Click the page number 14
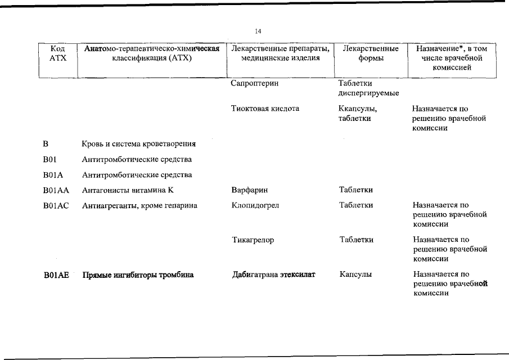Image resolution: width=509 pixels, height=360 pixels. click(x=258, y=31)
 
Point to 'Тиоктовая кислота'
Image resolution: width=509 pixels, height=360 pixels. click(x=265, y=109)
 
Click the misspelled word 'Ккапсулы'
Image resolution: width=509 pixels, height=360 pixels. click(x=357, y=109)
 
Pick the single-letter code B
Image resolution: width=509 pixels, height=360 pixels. click(x=46, y=144)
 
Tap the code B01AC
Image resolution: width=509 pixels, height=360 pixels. click(x=55, y=206)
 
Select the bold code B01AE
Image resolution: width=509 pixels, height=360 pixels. click(x=56, y=275)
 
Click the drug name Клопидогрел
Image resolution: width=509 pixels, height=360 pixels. click(x=255, y=206)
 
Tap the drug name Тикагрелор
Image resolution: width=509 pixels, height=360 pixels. click(x=253, y=240)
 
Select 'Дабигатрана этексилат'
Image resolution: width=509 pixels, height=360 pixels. click(x=273, y=275)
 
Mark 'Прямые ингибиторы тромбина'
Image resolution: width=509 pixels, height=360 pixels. click(x=138, y=275)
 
